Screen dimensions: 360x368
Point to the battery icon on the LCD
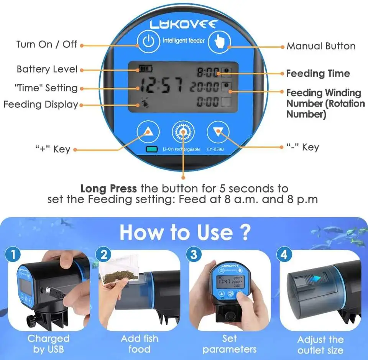pos(146,69)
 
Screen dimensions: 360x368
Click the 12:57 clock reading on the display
pos(161,87)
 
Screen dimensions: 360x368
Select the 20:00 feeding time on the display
pos(205,87)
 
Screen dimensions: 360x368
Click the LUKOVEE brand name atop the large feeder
pos(184,25)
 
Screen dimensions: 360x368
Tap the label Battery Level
pos(47,69)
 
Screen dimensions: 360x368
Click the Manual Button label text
pos(321,46)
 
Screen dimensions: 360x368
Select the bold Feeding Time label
pos(318,74)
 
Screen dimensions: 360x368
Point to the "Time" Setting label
pos(46,88)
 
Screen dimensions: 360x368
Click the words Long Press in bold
pos(108,189)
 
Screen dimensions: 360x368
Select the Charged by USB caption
pos(48,344)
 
